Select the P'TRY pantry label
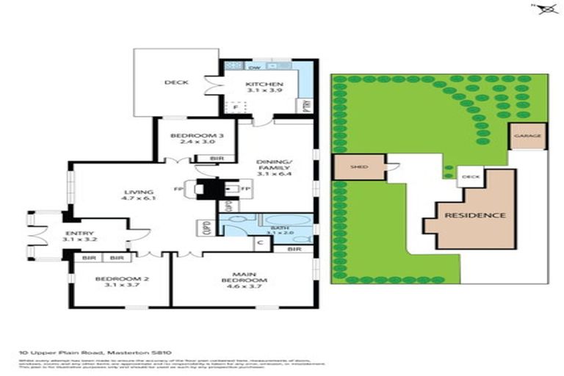pyautogui.click(x=305, y=104)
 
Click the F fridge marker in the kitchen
pyautogui.click(x=236, y=108)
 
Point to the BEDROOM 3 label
pyautogui.click(x=191, y=136)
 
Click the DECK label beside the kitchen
pyautogui.click(x=176, y=83)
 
